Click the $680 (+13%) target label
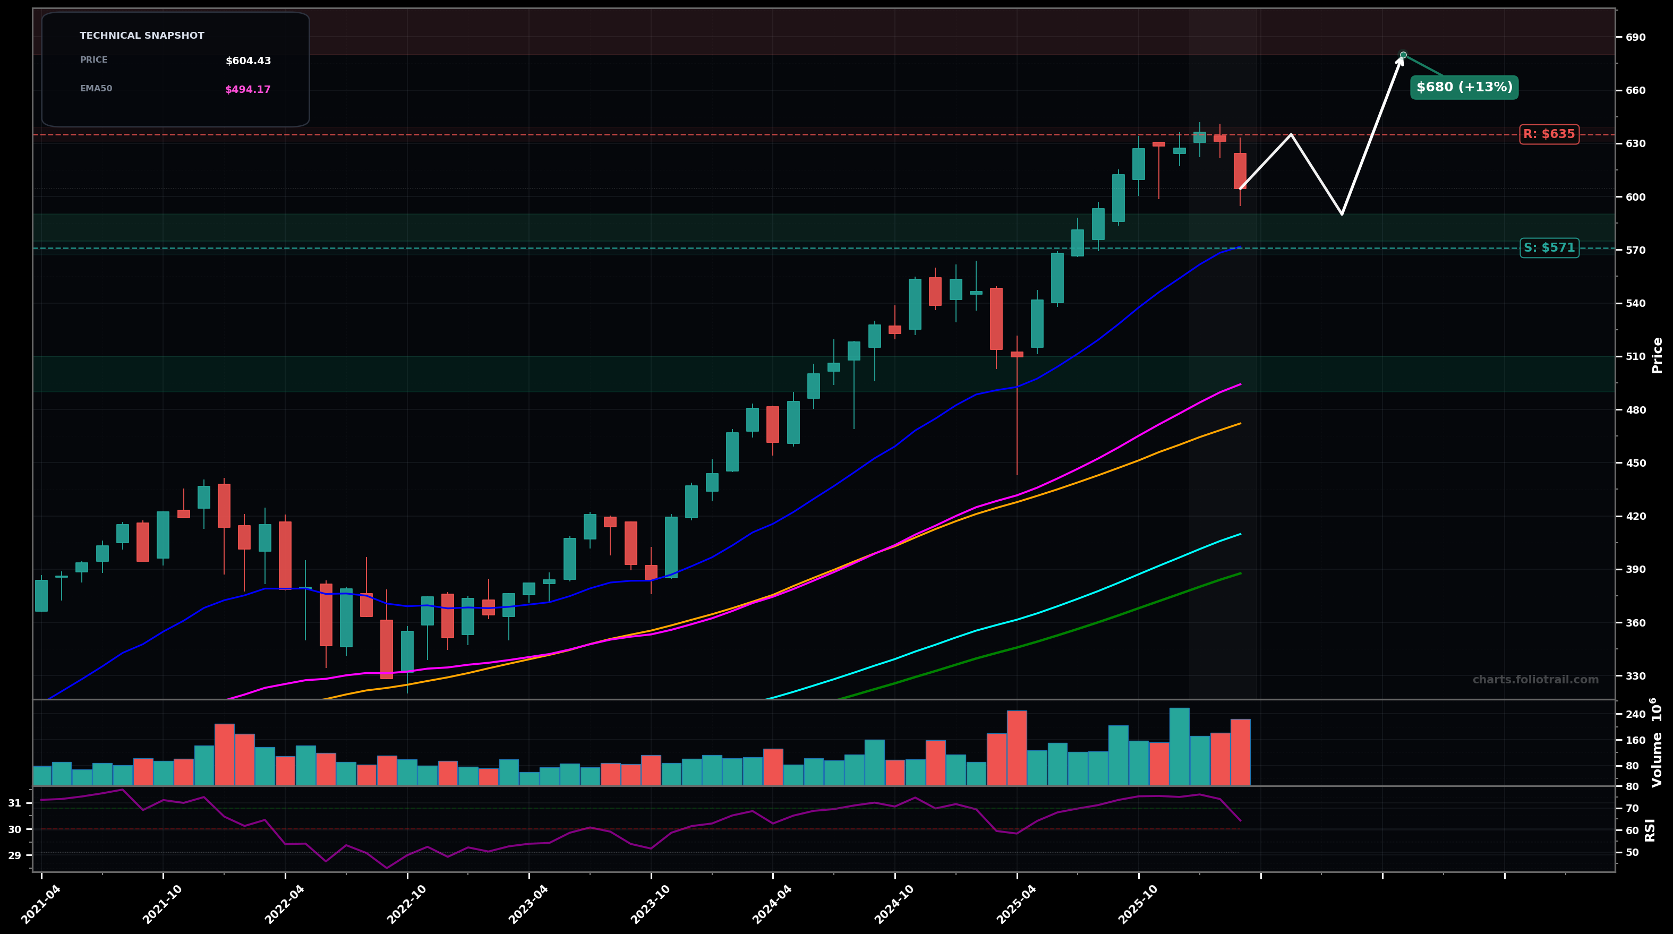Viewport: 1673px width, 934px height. click(1464, 87)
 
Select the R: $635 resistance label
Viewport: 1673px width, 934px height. click(1549, 134)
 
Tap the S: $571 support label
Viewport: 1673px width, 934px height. click(1549, 247)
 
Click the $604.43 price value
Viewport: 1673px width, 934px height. click(248, 61)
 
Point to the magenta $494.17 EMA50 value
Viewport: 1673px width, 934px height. click(247, 90)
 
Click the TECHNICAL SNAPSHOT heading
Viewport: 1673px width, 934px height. click(142, 36)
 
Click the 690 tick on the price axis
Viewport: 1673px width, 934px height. click(1635, 38)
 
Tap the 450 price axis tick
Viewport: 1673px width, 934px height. click(1635, 463)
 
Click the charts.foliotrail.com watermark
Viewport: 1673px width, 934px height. click(1535, 679)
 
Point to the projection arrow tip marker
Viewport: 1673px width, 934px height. click(1403, 55)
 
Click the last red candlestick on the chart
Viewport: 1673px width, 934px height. click(1240, 171)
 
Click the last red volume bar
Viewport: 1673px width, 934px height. click(1240, 752)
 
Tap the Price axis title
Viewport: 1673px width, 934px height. click(1657, 355)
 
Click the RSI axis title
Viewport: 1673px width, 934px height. click(1650, 829)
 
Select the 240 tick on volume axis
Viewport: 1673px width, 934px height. click(1635, 715)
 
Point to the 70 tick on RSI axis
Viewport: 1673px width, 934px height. click(1631, 809)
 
